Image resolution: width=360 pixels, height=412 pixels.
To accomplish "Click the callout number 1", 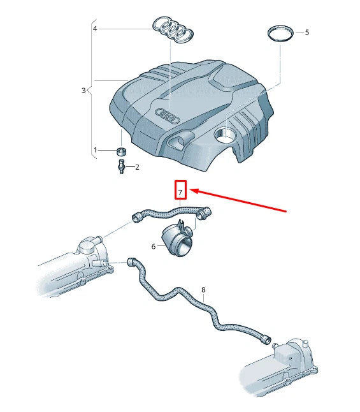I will click(x=96, y=150).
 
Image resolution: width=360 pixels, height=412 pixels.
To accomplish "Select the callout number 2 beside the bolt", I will click(x=136, y=167).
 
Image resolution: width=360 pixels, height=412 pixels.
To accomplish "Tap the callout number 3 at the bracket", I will click(x=83, y=91).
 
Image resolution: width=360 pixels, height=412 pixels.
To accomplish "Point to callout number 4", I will click(x=96, y=29).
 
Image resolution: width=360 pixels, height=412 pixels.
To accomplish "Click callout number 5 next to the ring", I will click(x=306, y=32).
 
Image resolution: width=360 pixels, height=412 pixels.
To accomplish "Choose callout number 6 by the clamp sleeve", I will click(x=154, y=246).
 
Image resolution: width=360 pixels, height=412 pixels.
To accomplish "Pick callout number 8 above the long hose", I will click(x=203, y=290).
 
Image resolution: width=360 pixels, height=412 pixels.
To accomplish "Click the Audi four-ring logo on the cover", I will click(x=169, y=115).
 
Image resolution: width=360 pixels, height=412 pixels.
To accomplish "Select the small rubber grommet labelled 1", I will click(x=121, y=151).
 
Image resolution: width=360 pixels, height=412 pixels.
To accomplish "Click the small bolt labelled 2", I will click(x=120, y=167).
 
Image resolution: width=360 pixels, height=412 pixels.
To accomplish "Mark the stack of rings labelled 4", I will click(x=173, y=29).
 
